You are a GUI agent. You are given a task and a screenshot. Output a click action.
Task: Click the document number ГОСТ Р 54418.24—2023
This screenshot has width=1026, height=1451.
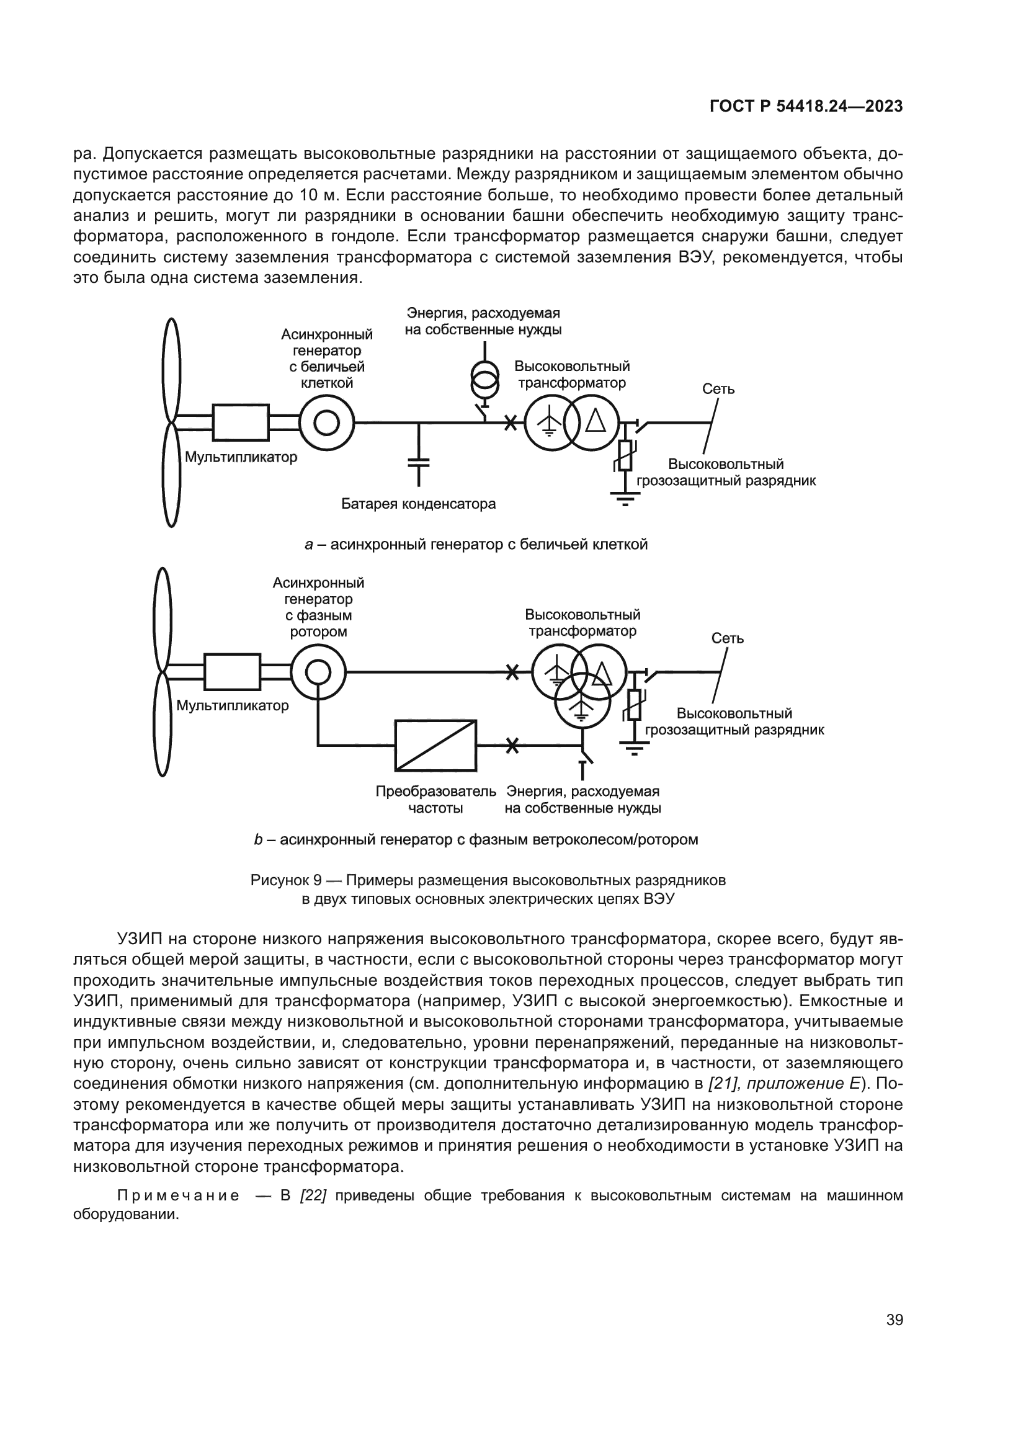point(806,106)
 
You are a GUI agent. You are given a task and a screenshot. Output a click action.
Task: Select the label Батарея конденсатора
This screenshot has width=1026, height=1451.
point(418,504)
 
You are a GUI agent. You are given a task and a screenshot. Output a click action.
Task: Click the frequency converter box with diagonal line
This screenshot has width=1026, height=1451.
point(435,745)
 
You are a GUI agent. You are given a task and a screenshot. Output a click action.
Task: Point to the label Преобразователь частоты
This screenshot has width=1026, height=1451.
point(436,800)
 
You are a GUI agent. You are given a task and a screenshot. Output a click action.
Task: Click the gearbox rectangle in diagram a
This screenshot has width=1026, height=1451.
point(241,422)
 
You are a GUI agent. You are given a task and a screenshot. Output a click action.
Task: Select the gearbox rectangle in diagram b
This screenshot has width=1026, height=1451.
point(232,672)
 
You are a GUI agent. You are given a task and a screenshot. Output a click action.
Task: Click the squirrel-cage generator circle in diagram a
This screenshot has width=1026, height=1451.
point(327,422)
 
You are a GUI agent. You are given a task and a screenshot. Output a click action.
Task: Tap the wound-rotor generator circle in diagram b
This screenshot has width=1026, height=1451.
point(318,672)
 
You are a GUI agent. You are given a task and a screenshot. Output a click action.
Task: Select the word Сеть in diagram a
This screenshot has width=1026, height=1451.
point(718,390)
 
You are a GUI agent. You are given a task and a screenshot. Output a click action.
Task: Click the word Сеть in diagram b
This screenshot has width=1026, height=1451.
point(727,638)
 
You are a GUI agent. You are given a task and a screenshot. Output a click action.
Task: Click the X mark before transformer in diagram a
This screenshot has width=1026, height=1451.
point(510,423)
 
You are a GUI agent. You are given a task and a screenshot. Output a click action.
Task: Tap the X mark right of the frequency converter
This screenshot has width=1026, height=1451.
point(512,746)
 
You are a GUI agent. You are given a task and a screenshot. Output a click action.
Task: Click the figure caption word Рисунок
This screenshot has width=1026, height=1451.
point(281,880)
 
